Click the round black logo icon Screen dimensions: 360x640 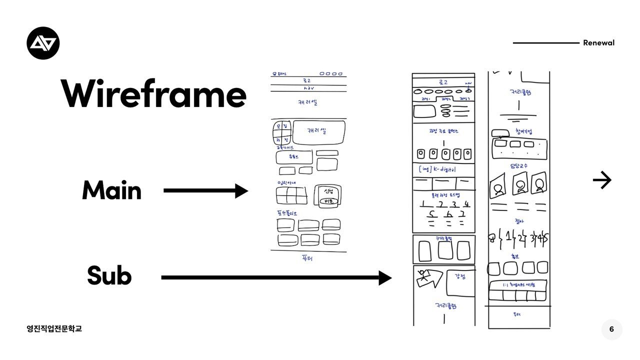point(43,43)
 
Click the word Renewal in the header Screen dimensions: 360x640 point(598,43)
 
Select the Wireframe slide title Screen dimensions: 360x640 point(154,94)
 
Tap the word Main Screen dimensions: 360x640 point(111,190)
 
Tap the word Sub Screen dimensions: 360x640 point(109,275)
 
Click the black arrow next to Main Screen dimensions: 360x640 point(205,190)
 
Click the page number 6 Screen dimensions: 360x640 point(611,329)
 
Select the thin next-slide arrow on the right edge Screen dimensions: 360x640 point(602,180)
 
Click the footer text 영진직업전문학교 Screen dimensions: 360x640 point(54,328)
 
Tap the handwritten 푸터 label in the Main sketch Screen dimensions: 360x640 point(307,258)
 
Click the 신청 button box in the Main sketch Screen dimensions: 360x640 point(328,195)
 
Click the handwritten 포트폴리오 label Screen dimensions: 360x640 point(290,213)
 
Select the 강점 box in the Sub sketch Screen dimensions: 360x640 point(459,282)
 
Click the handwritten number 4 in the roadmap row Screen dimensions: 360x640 point(466,204)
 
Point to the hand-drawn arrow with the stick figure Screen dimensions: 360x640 point(429,278)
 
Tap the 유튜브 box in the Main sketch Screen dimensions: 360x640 point(294,157)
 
